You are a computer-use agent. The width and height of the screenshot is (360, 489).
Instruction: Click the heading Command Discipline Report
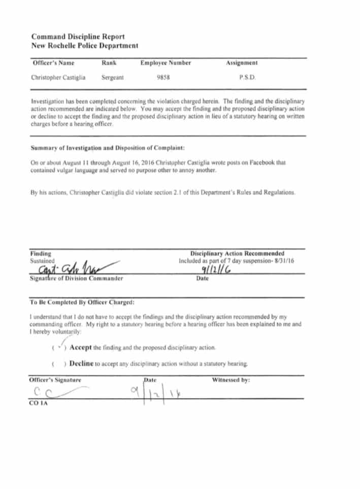point(78,37)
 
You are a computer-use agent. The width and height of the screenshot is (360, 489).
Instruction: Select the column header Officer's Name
point(53,63)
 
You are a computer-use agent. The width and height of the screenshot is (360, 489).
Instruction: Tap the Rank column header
point(110,63)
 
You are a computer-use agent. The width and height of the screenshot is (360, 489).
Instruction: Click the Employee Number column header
point(166,63)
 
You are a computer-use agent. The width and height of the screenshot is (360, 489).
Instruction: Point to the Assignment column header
point(242,63)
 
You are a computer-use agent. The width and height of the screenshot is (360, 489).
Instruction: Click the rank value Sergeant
point(113,78)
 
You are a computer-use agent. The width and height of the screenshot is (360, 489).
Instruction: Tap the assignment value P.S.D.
point(247,78)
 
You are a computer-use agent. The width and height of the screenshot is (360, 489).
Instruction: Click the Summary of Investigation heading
point(108,148)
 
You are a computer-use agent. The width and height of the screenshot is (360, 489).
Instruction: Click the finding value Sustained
point(42,260)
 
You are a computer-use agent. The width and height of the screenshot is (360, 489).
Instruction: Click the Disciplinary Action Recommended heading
point(237,253)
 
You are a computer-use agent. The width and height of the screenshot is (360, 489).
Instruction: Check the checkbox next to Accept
point(59,347)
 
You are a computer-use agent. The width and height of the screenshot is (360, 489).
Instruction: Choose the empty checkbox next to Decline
point(59,364)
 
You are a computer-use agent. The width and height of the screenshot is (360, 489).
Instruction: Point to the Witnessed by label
point(231,380)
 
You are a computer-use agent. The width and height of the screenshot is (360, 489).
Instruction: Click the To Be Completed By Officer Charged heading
point(82,303)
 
